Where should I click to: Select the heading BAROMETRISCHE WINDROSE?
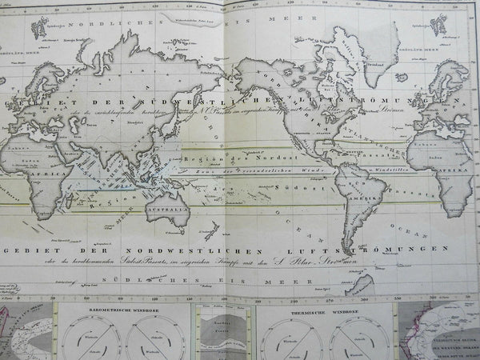pyautogui.click(x=105, y=306)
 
